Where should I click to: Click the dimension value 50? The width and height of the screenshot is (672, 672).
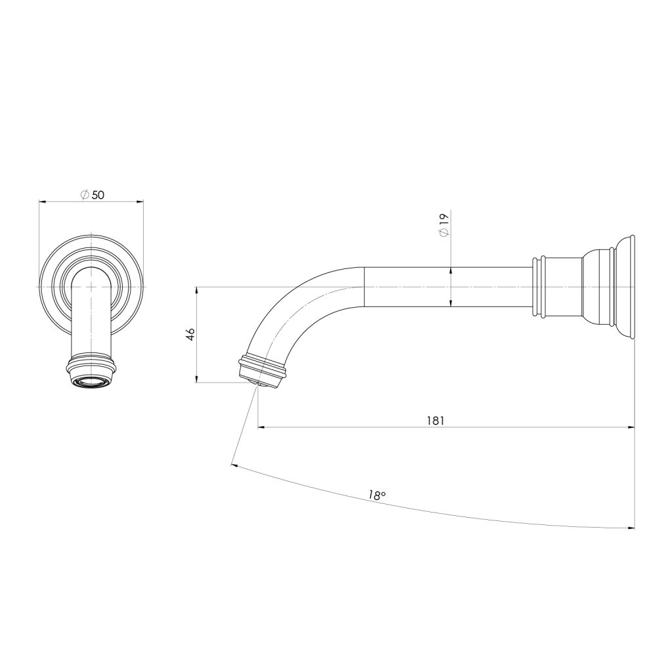coord(98,195)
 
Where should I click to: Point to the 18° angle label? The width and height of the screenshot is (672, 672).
coord(375,496)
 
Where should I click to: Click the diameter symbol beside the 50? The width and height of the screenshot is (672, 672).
coord(84,195)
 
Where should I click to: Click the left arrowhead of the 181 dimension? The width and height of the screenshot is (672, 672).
coord(262,428)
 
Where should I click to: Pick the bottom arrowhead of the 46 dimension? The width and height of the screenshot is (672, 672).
coord(197,379)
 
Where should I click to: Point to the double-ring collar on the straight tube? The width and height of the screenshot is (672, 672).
coord(539,287)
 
